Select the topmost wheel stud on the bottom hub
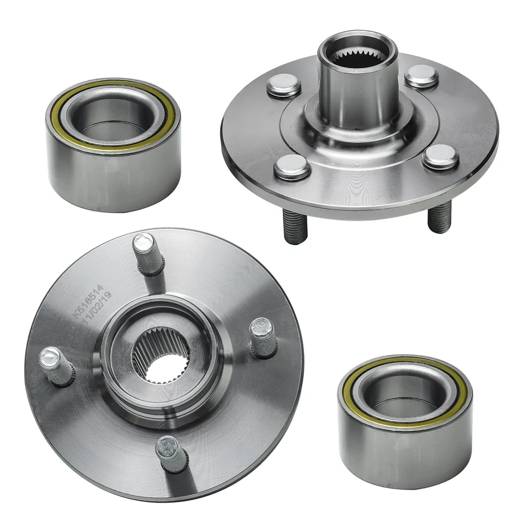pos(146,253)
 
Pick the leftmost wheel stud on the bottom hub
pos(56,364)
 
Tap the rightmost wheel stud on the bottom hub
pos(263,337)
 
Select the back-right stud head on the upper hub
pos(422,75)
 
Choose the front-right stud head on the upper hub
pos(440,156)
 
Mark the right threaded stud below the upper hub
pos(439,217)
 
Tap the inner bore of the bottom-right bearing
pos(404,390)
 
